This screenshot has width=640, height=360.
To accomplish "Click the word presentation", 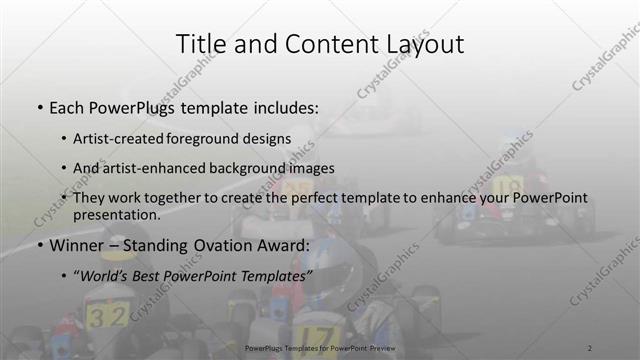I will (x=116, y=214).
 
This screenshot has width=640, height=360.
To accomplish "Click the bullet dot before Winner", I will (x=39, y=245).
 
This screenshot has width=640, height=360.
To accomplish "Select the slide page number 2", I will (x=589, y=347).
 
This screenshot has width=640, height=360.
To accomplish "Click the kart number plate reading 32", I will (x=106, y=317).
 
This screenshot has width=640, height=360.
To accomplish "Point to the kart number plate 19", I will (x=507, y=186).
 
